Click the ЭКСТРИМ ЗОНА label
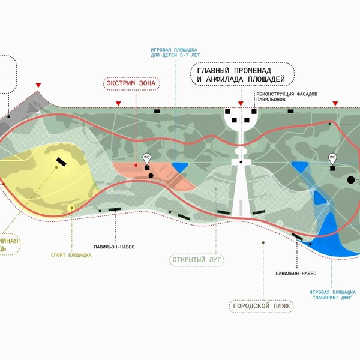pos(131,84)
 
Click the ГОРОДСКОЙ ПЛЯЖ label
pos(261,307)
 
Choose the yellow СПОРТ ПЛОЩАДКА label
pos(71,254)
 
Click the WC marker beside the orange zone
pos(146,157)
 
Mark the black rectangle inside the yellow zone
pos(61,160)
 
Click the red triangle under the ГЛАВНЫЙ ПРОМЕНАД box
pos(240,104)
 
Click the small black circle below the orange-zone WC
pos(151,176)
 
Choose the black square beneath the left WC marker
pos(146,168)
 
